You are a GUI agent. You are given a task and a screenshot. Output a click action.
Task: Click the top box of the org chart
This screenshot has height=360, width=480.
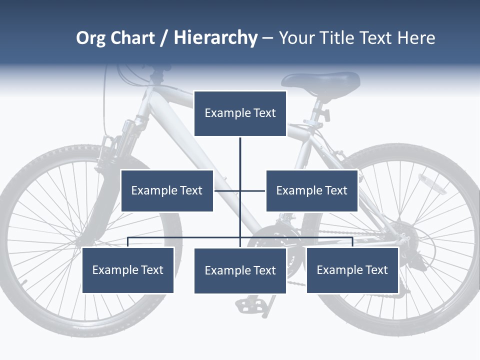point(240,113)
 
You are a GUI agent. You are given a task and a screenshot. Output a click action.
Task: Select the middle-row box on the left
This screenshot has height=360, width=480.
point(167,190)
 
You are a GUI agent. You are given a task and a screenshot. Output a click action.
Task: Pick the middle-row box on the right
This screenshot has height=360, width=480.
point(312,190)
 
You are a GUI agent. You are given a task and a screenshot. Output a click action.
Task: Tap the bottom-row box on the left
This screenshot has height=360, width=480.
point(128,270)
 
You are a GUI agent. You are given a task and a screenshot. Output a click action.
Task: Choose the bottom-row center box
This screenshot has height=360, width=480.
point(240,270)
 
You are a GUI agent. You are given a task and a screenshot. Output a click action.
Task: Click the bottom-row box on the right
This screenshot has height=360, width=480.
point(352,270)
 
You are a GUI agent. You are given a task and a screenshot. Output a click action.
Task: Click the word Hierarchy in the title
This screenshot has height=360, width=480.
point(215,38)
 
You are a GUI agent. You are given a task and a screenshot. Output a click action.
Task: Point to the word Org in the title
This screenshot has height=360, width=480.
point(90,38)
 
